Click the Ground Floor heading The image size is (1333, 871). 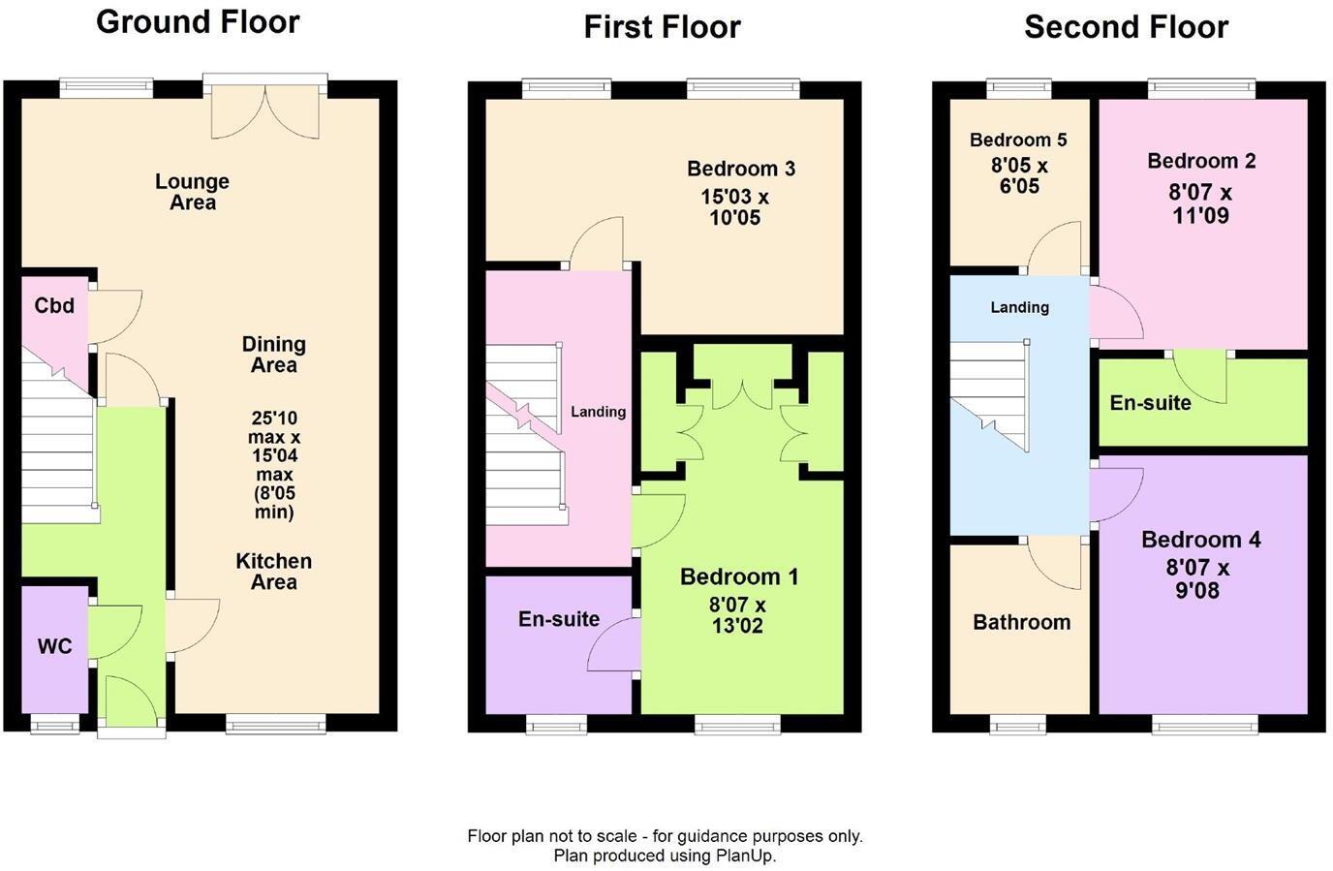tap(198, 21)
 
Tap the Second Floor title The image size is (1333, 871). tap(1126, 26)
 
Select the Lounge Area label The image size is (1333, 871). tap(192, 192)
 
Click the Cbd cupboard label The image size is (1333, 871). tap(54, 306)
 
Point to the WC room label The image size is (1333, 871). tap(54, 646)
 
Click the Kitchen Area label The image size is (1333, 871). tap(273, 572)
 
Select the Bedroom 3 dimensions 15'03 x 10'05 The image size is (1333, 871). tap(734, 207)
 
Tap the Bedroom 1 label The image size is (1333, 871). tap(739, 577)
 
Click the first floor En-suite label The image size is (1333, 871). tap(559, 619)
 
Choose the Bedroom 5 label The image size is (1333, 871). tap(1018, 140)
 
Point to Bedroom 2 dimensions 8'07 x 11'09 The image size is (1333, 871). tap(1200, 204)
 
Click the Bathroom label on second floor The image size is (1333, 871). tap(1021, 622)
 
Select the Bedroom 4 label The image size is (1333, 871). tap(1200, 540)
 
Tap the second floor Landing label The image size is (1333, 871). tap(1019, 307)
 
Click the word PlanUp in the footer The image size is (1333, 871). tap(745, 855)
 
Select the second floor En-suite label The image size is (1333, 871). tap(1150, 403)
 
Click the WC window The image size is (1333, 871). tap(54, 723)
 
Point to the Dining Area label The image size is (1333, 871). tap(273, 355)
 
